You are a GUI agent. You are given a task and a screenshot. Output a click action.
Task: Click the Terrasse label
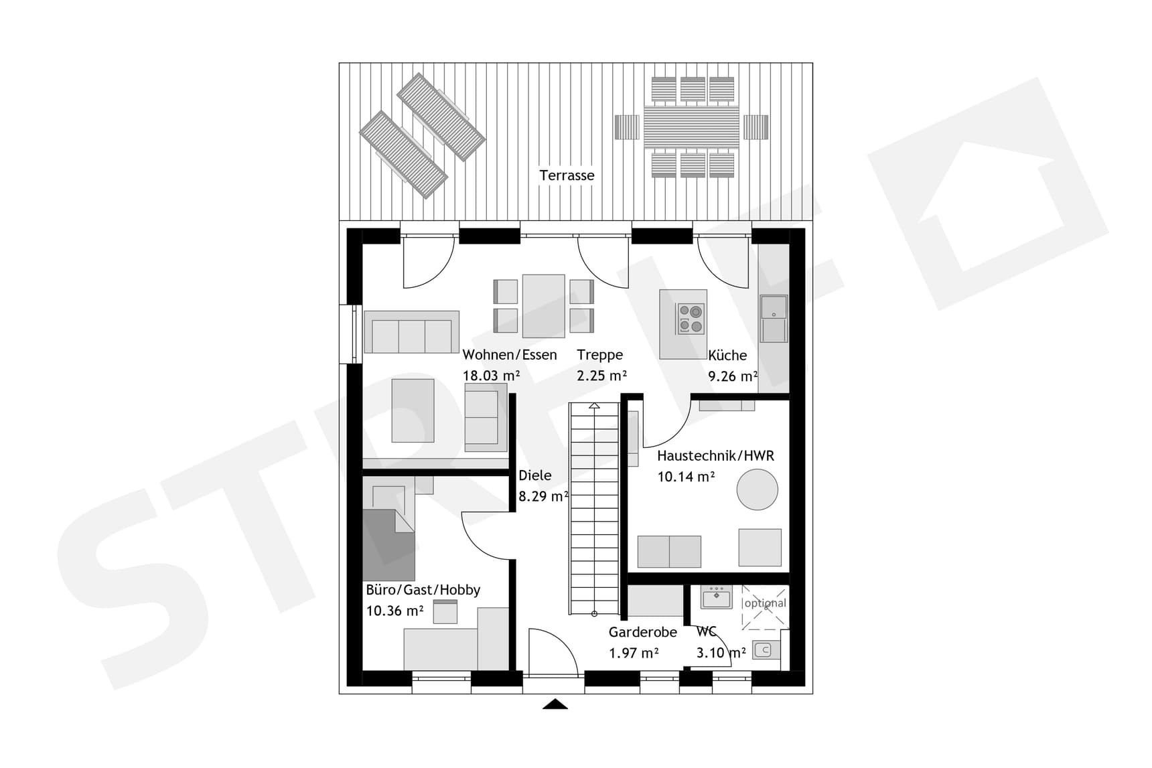pyautogui.click(x=567, y=175)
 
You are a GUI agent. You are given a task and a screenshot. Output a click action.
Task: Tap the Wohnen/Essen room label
pyautogui.click(x=509, y=355)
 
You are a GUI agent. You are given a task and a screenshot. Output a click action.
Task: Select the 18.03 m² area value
pyautogui.click(x=491, y=376)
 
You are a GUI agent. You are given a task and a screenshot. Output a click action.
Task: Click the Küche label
pyautogui.click(x=727, y=356)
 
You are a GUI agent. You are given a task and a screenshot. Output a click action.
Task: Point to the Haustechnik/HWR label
pyautogui.click(x=715, y=456)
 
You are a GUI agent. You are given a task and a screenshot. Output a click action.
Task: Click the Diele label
pyautogui.click(x=535, y=475)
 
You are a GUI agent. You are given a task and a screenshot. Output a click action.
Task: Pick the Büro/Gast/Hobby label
pyautogui.click(x=423, y=590)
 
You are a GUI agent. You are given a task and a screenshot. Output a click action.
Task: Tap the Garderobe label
pyautogui.click(x=642, y=632)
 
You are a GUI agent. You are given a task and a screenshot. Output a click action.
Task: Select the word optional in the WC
pyautogui.click(x=765, y=603)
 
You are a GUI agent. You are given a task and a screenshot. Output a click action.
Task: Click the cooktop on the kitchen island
pyautogui.click(x=690, y=319)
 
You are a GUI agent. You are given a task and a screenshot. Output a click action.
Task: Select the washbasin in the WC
pyautogui.click(x=716, y=597)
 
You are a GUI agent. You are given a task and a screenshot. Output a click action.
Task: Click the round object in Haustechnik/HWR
pyautogui.click(x=757, y=489)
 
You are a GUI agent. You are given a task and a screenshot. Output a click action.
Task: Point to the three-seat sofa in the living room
pyautogui.click(x=411, y=333)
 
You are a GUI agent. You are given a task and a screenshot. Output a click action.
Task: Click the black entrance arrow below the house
pyautogui.click(x=555, y=704)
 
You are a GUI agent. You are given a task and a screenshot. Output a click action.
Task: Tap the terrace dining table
pyautogui.click(x=691, y=127)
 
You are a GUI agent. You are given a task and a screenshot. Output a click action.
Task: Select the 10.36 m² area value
pyautogui.click(x=394, y=611)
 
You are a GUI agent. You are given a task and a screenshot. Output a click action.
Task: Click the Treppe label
pyautogui.click(x=599, y=355)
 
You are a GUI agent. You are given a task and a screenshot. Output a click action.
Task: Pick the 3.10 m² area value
pyautogui.click(x=721, y=653)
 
